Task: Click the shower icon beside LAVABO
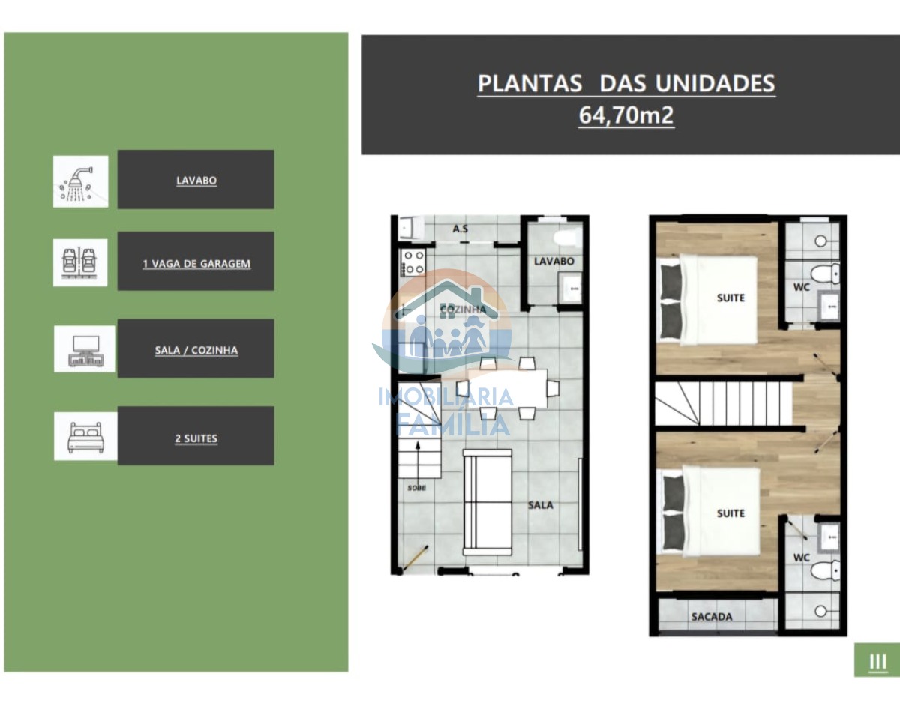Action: pos(81,181)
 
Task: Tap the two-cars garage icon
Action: pos(80,262)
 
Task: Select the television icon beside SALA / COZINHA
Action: pos(85,349)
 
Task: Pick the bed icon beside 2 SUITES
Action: pos(85,436)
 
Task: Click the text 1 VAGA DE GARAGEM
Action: pos(196,264)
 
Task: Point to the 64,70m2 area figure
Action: pos(626,115)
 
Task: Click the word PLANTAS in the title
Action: pos(529,83)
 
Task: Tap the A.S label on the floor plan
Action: pos(460,229)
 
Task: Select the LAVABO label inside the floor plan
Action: pos(553,261)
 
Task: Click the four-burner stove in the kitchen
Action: pos(413,263)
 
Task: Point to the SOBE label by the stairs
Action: pos(417,488)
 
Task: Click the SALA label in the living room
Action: pos(541,505)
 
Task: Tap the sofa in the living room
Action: pos(487,502)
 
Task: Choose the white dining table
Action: pos(507,388)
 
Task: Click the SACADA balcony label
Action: pos(712,617)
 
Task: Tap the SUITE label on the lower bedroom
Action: pos(731,513)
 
